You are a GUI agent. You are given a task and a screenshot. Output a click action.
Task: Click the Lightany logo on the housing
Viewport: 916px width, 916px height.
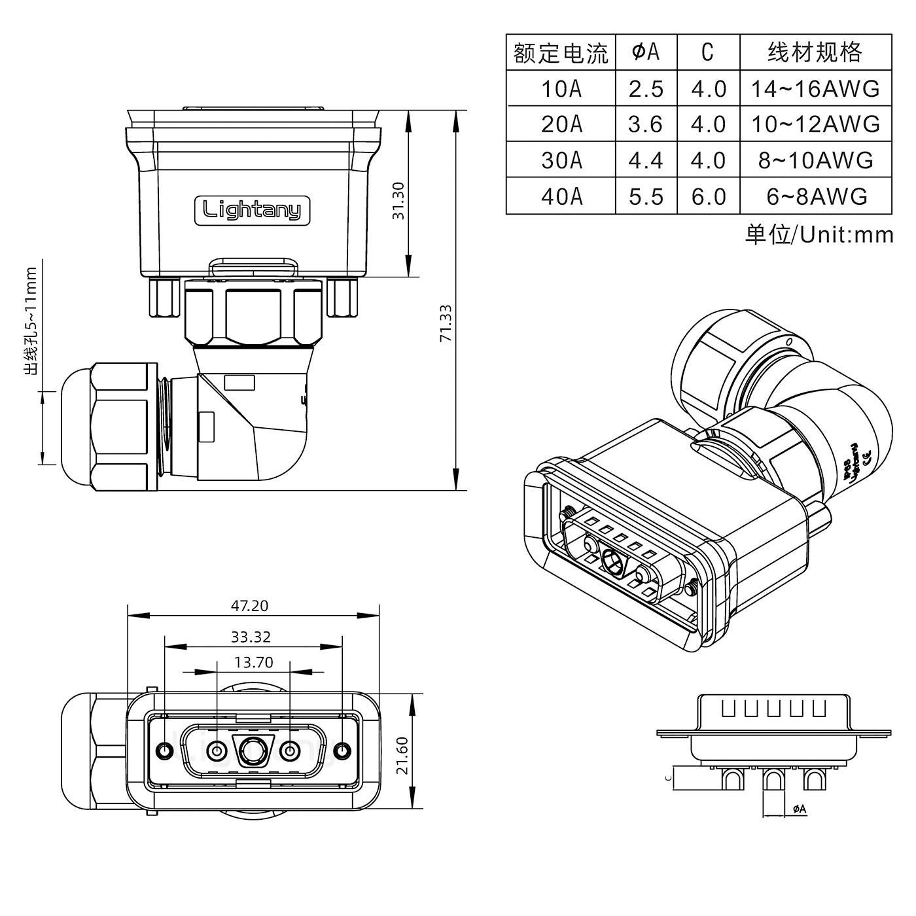(x=252, y=211)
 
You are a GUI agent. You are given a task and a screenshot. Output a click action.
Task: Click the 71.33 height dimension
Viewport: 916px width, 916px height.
(x=446, y=323)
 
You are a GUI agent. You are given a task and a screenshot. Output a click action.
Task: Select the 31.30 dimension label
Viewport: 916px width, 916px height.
(x=398, y=200)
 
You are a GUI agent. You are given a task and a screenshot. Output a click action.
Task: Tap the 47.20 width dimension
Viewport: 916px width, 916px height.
(x=249, y=606)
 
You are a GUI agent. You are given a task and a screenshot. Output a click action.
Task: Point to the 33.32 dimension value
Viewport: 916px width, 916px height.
(x=251, y=637)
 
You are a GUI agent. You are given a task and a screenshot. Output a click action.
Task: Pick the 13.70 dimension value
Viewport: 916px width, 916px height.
(x=254, y=663)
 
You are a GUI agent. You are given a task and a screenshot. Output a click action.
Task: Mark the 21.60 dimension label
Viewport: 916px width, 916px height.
(x=402, y=755)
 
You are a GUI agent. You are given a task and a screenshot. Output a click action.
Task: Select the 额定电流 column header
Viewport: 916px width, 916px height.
(x=561, y=53)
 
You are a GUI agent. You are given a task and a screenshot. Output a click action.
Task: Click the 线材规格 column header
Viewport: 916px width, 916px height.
(x=815, y=52)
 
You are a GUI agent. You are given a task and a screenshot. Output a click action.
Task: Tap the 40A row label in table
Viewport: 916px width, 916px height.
(x=561, y=196)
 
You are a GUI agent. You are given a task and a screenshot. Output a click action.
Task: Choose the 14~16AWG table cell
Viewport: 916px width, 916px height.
(x=815, y=88)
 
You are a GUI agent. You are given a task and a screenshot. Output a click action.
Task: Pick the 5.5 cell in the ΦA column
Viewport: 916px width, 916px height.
(x=646, y=196)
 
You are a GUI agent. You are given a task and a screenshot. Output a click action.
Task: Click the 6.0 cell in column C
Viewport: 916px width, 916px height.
(x=709, y=196)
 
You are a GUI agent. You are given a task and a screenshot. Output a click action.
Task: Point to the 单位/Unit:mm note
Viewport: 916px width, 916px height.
(x=819, y=234)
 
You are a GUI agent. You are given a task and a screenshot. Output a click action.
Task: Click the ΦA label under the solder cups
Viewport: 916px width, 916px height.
(x=800, y=809)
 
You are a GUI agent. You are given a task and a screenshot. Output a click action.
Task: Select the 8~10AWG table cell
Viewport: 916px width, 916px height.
(x=815, y=160)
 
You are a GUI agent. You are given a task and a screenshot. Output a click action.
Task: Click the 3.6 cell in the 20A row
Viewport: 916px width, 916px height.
(x=646, y=124)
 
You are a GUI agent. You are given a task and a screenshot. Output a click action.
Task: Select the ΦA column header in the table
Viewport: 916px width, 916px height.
(x=646, y=52)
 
